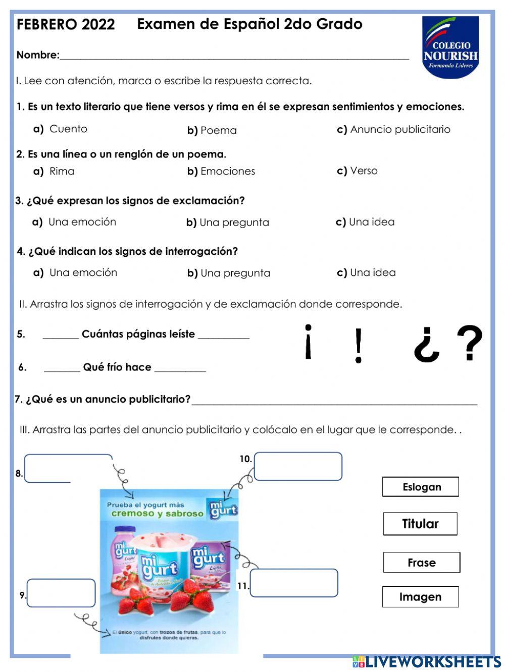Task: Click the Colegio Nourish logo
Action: pos(450,47)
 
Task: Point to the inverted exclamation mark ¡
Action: pos(308,342)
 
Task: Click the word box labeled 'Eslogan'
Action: pos(421,487)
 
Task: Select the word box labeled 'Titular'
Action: pos(420,524)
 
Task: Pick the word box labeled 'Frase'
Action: pos(421,563)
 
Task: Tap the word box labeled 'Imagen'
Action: pos(420,597)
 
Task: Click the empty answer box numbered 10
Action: pos(298,466)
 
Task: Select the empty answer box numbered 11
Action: pos(294,583)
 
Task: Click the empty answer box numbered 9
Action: pos(61,593)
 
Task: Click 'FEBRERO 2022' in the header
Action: pos(66,24)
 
